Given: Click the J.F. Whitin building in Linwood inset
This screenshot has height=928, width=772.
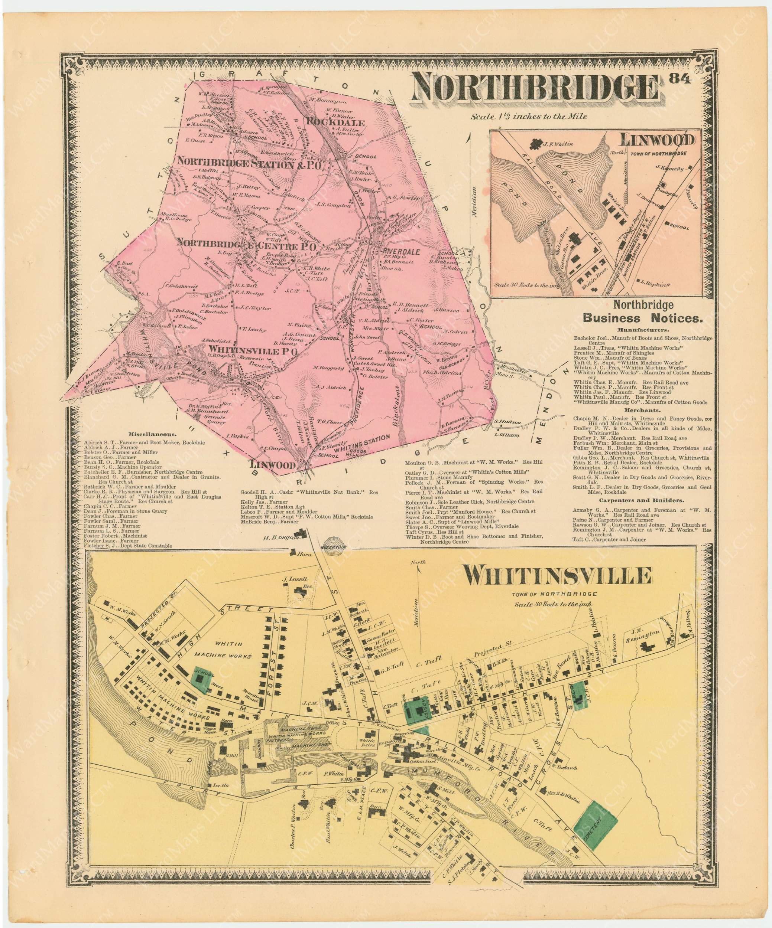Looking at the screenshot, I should click(x=537, y=144).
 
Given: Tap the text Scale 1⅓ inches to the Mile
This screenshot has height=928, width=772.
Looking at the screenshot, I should click(x=529, y=117).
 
